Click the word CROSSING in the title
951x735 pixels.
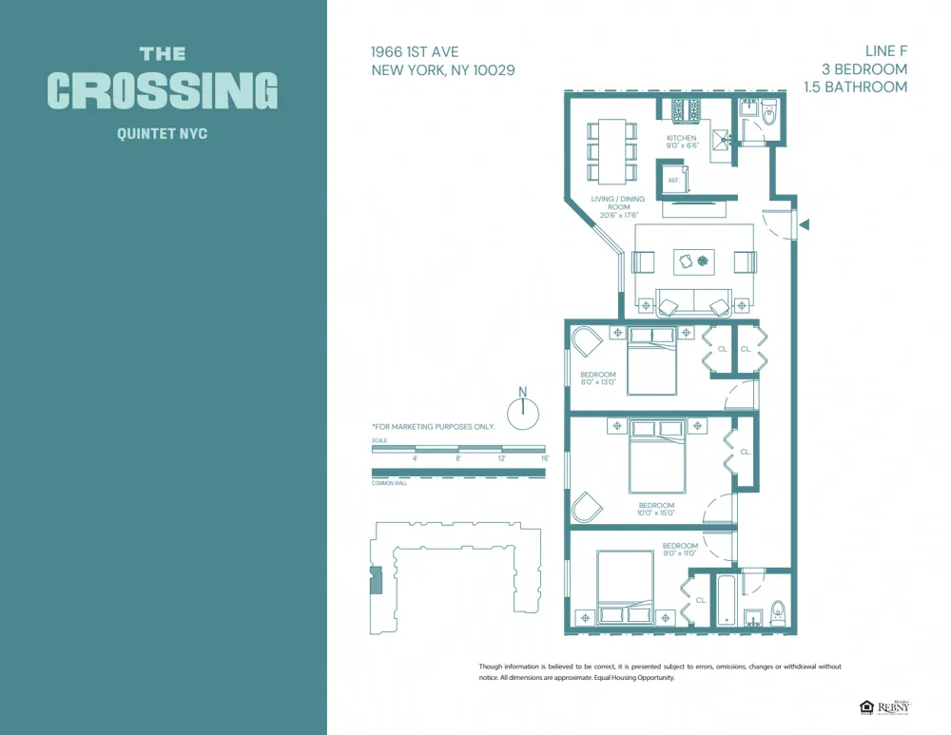pyautogui.click(x=163, y=91)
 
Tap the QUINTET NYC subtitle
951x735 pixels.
pyautogui.click(x=162, y=134)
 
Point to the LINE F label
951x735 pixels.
pyautogui.click(x=885, y=51)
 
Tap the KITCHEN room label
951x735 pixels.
pyautogui.click(x=682, y=138)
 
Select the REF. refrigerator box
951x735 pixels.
pyautogui.click(x=674, y=180)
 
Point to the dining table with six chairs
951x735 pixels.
pyautogui.click(x=611, y=150)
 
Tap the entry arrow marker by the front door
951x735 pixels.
pyautogui.click(x=805, y=225)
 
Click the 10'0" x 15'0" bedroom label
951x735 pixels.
pyautogui.click(x=656, y=510)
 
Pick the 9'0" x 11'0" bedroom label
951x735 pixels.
pyautogui.click(x=680, y=550)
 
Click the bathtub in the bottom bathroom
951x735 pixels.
pyautogui.click(x=725, y=600)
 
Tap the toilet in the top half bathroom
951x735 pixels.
pyautogui.click(x=768, y=113)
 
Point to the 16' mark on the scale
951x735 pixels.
pyautogui.click(x=545, y=458)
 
